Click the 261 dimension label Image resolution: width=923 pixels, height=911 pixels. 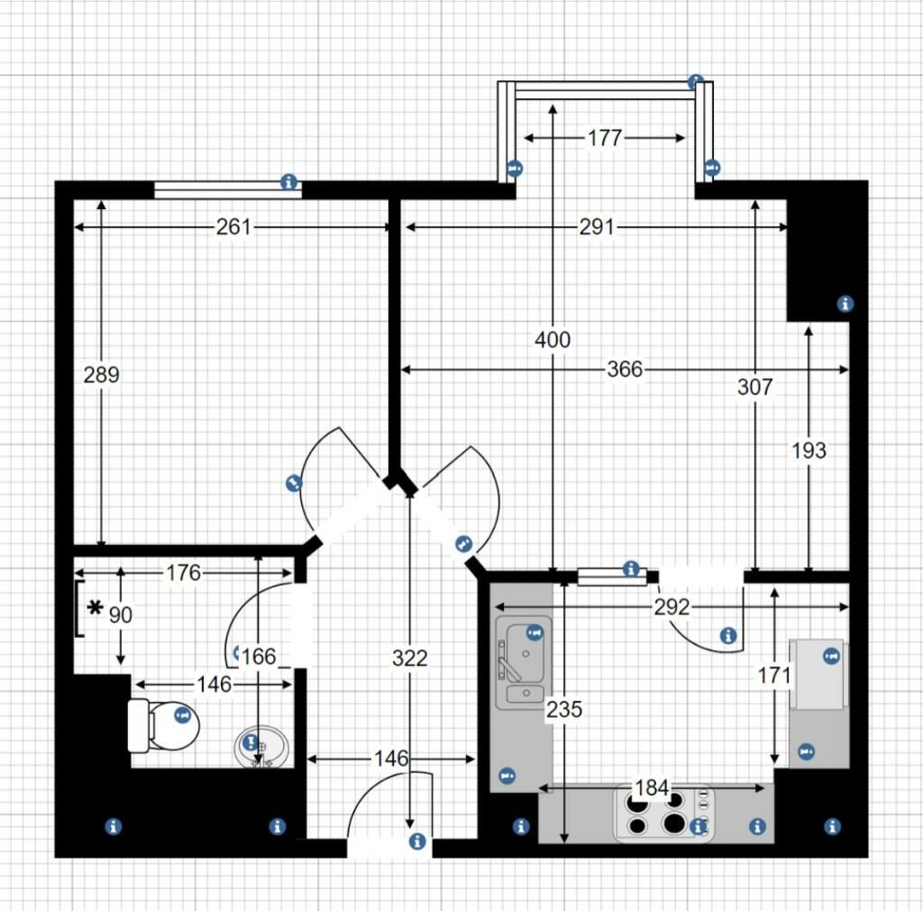tap(233, 227)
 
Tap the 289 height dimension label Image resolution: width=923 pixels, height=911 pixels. tap(101, 374)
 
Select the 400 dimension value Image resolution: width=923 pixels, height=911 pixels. tap(553, 340)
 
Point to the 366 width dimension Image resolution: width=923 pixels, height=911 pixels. tap(625, 369)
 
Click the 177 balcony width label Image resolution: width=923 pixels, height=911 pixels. tap(604, 138)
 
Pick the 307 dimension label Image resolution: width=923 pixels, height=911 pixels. tap(754, 387)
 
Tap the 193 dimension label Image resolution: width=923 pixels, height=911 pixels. tap(809, 450)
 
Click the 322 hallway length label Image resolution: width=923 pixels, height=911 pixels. tap(409, 659)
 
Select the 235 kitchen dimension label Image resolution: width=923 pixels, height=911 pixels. tap(564, 709)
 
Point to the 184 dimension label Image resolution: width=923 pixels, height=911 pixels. tap(652, 788)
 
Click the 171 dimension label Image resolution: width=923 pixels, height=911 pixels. tap(774, 674)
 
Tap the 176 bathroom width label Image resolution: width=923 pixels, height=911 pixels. tap(183, 573)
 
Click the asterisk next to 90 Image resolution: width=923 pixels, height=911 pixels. tap(95, 610)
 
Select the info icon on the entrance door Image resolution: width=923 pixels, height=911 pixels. tap(416, 842)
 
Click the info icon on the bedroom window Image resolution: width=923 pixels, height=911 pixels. tap(288, 182)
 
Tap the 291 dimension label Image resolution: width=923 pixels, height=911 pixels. tap(596, 227)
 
